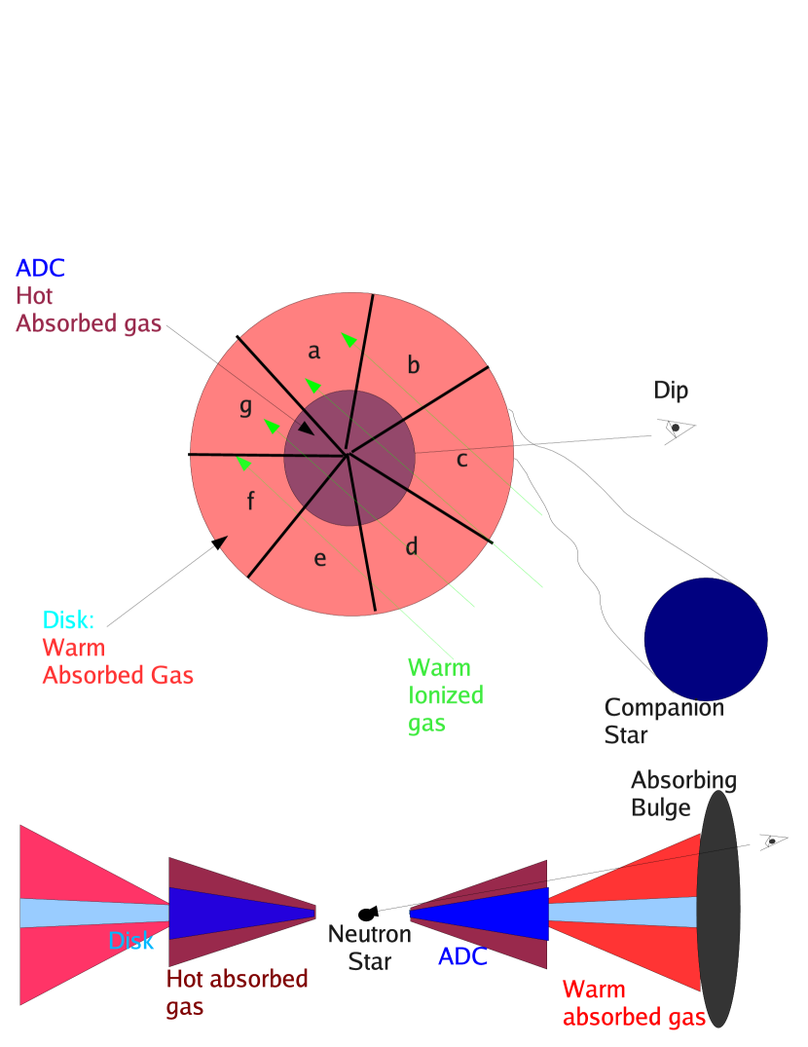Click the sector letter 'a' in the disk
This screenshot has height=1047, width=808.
click(x=313, y=352)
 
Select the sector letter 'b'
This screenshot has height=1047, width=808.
click(x=414, y=366)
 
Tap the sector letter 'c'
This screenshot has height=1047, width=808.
click(x=462, y=460)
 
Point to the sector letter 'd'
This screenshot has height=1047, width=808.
click(x=412, y=547)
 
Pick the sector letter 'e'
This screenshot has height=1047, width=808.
click(x=319, y=559)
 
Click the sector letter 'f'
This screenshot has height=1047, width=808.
click(x=250, y=502)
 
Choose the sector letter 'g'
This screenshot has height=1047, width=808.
click(x=245, y=408)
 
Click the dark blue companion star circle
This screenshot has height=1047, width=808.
click(x=706, y=640)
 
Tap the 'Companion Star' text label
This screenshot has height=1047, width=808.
click(x=663, y=721)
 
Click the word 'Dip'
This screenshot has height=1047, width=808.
click(x=671, y=391)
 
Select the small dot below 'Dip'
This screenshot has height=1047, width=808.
click(x=675, y=428)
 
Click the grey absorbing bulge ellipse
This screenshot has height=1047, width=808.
click(x=718, y=908)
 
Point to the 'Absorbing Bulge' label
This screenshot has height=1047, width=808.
click(x=682, y=794)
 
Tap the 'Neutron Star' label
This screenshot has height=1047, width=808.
click(x=369, y=948)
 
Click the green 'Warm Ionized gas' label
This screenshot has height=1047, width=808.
click(x=445, y=695)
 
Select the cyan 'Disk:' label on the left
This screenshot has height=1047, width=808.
click(x=68, y=620)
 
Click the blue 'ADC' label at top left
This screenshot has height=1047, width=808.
click(x=40, y=269)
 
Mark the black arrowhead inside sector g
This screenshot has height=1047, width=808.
click(x=306, y=429)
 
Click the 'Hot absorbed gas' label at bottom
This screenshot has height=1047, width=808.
click(x=237, y=992)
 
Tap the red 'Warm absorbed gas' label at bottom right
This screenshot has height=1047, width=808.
click(x=634, y=1004)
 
